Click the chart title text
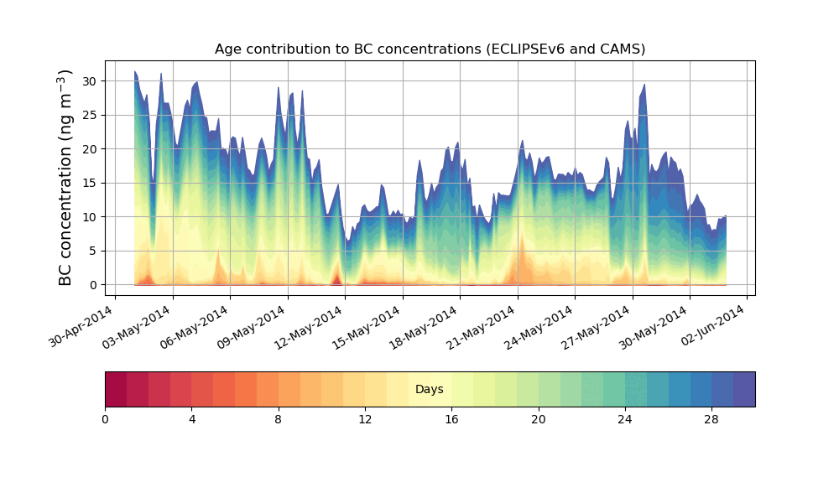(x=430, y=49)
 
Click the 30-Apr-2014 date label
(x=81, y=328)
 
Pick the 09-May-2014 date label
(x=254, y=328)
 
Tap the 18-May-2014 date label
(x=426, y=328)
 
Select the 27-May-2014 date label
(x=598, y=328)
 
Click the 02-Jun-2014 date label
(x=713, y=328)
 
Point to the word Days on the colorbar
(x=430, y=390)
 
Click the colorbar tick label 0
(x=105, y=418)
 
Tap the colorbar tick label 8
(x=279, y=418)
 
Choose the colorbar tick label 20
(x=538, y=418)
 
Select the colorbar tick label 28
(x=711, y=418)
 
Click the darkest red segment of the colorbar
(x=116, y=389)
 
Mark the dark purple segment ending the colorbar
(x=744, y=389)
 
